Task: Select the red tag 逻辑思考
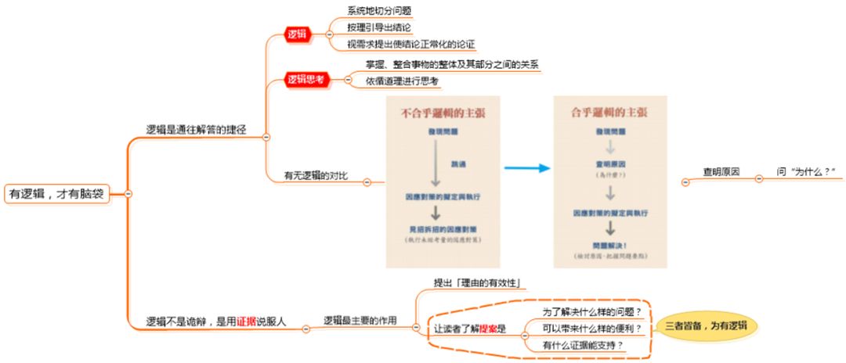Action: [x=305, y=79]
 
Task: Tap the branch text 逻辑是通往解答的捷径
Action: [x=196, y=130]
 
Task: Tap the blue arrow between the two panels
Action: [x=524, y=168]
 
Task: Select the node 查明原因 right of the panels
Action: [x=721, y=171]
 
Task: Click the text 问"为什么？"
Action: [x=806, y=171]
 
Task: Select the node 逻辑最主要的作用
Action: [x=360, y=321]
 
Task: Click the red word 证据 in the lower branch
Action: [x=248, y=321]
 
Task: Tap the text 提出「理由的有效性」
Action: [x=477, y=282]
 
